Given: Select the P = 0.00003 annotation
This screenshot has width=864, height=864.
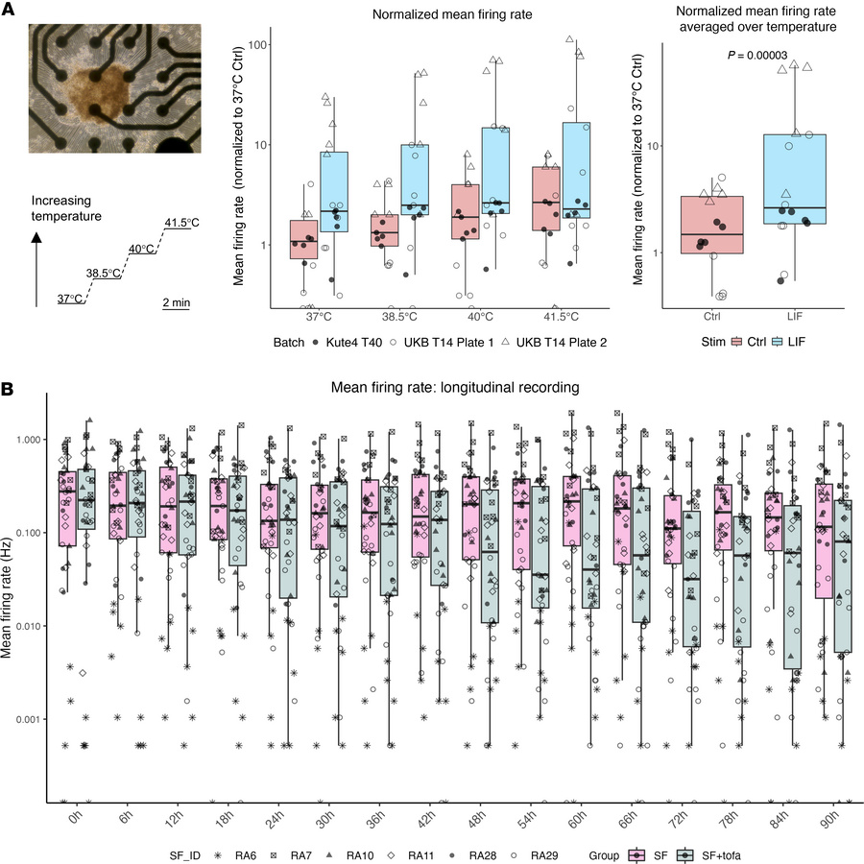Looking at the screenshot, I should [x=756, y=56].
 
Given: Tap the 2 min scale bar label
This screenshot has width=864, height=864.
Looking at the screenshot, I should [x=176, y=302].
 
